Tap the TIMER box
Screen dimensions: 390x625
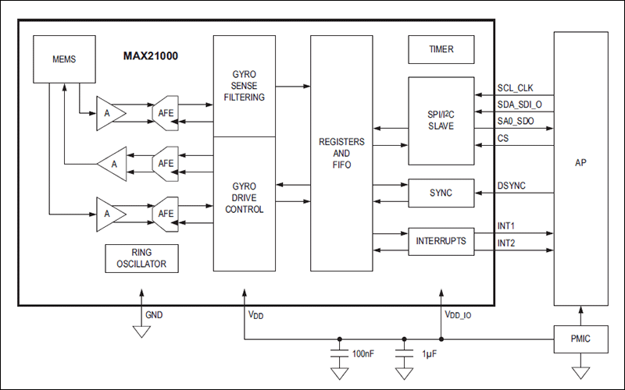(441, 49)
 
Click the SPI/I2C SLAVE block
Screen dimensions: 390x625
(441, 121)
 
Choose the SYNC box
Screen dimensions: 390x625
(441, 193)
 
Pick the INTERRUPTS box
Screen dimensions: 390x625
(441, 241)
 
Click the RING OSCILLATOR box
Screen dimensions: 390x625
(141, 258)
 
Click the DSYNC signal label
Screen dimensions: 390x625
(512, 186)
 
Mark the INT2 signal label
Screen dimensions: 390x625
(506, 243)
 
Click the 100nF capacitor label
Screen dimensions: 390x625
(363, 354)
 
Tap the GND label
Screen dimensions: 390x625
(154, 315)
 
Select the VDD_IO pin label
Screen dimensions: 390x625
(459, 316)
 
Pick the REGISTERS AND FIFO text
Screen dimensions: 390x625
(341, 154)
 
